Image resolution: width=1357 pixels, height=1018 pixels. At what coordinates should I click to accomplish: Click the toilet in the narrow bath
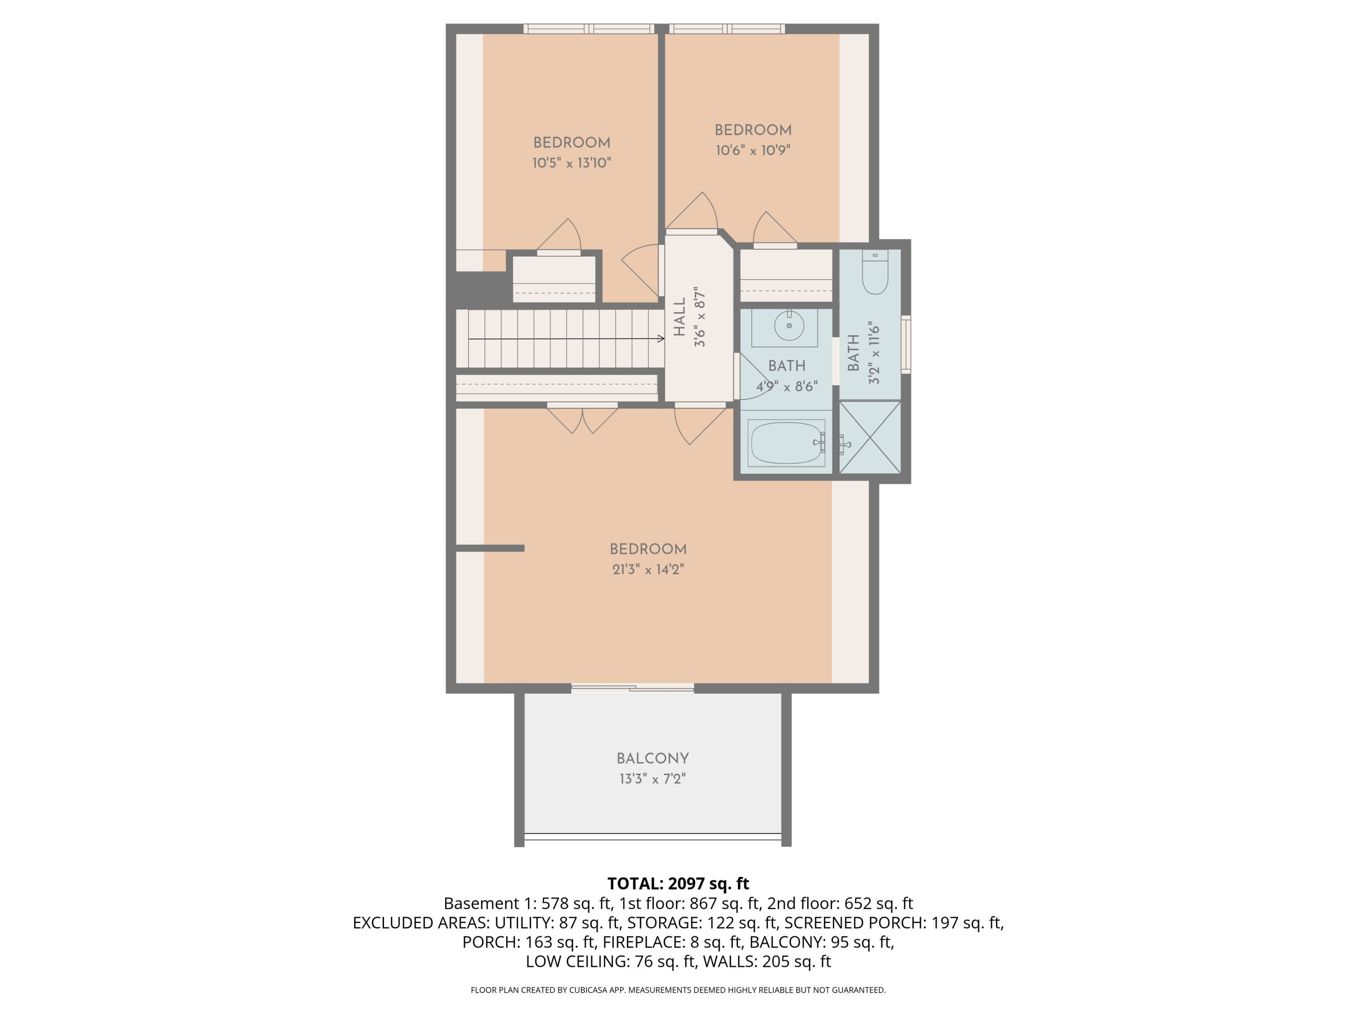coord(875,273)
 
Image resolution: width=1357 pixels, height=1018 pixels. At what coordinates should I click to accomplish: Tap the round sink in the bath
coord(789,326)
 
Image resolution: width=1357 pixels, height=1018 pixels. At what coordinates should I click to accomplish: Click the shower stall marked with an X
coord(870,437)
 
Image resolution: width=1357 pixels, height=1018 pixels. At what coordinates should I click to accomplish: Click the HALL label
coord(679,317)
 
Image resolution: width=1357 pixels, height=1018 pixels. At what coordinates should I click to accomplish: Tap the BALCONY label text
coord(652,758)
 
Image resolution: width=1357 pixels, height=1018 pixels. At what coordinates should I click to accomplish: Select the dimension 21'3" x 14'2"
coord(648,570)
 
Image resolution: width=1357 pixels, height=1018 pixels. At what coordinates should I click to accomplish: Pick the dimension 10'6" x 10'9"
coord(753,150)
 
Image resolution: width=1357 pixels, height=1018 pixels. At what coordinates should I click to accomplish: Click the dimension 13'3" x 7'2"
coord(652,779)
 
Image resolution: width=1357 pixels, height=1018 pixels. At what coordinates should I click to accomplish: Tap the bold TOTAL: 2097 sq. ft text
coord(678,884)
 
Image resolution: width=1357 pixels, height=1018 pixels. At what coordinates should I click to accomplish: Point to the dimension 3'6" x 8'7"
coord(700,317)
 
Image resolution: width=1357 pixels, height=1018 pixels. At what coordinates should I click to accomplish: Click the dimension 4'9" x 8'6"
coord(787,386)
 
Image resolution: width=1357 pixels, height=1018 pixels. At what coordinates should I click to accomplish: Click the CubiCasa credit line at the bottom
coord(678,990)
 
